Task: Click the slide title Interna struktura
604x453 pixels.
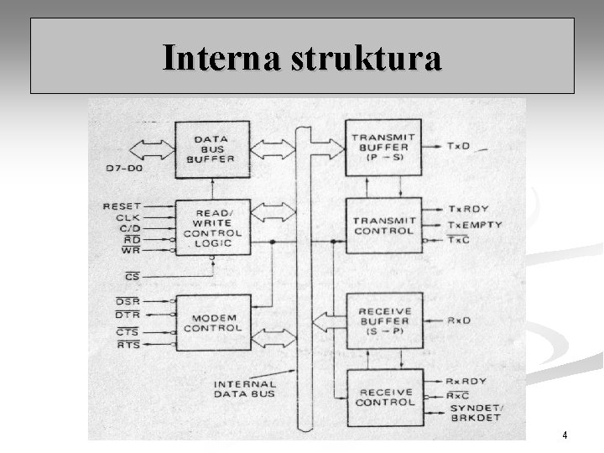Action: tap(302, 58)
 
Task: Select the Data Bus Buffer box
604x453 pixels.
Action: tap(212, 148)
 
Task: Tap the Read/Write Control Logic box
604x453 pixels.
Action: tap(212, 227)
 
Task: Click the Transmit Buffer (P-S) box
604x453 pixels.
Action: tap(383, 148)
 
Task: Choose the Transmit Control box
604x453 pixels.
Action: tap(383, 225)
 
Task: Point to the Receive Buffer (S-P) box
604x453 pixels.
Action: tap(383, 321)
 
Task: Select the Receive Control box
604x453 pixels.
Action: tap(383, 396)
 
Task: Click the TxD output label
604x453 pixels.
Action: tap(458, 146)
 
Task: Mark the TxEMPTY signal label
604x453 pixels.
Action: tap(475, 225)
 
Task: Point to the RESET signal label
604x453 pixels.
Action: tap(122, 206)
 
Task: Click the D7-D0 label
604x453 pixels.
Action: tap(122, 169)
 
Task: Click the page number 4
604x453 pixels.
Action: tap(565, 435)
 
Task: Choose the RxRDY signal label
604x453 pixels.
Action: tap(466, 382)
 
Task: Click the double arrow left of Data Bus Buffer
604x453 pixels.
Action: tap(145, 149)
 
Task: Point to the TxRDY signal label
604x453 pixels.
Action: tap(466, 209)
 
